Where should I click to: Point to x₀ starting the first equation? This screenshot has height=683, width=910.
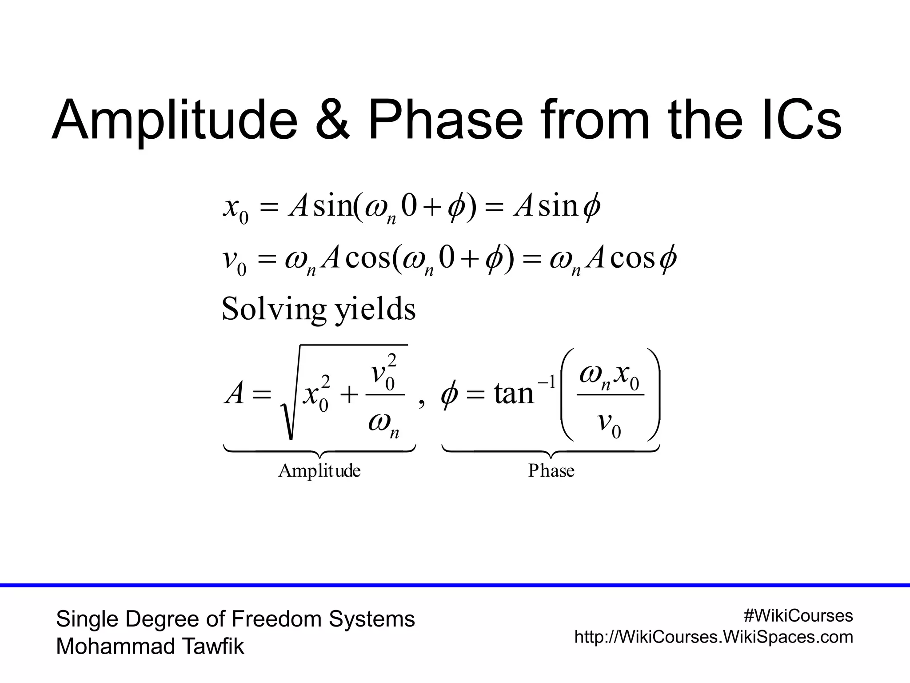(x=235, y=209)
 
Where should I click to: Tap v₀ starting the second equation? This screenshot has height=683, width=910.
(x=234, y=261)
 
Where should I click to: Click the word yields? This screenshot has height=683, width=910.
(x=375, y=309)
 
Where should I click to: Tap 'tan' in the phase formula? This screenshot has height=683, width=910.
(x=513, y=394)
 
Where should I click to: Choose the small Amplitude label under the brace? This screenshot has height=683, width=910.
(x=319, y=470)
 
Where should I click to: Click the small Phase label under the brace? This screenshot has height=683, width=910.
(x=551, y=470)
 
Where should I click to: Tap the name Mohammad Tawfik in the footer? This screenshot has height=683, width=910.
(x=150, y=647)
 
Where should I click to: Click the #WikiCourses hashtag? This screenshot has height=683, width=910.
(x=798, y=616)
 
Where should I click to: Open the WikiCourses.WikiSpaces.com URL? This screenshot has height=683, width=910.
(x=714, y=637)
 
